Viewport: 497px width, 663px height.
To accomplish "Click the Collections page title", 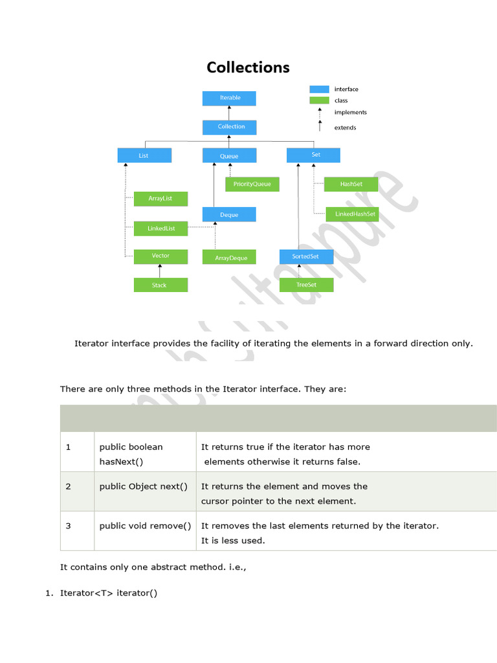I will (248, 67).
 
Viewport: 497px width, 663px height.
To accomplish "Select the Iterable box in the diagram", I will (229, 98).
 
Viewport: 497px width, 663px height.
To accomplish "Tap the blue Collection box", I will (229, 127).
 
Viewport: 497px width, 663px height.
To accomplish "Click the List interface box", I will (144, 155).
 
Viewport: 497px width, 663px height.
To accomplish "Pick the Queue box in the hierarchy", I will (229, 155).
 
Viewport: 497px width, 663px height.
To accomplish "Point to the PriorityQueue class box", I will (252, 185).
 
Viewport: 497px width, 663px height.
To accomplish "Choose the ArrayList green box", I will (160, 199).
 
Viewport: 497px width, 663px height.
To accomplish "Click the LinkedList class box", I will (160, 229).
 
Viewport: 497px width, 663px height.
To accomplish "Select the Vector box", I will (160, 256).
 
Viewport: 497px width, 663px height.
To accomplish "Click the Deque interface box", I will (229, 214).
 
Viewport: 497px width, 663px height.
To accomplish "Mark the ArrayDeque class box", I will (229, 258).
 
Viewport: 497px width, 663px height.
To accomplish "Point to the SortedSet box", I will (306, 257).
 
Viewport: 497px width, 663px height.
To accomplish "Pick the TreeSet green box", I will (306, 285).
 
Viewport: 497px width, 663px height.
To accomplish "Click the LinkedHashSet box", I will (351, 214).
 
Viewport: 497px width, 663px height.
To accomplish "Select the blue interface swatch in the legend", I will (319, 89).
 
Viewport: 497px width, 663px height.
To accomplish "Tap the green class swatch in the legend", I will (319, 100).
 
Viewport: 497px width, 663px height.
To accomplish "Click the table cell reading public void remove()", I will (146, 526).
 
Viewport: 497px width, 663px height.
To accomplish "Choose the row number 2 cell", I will (68, 486).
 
